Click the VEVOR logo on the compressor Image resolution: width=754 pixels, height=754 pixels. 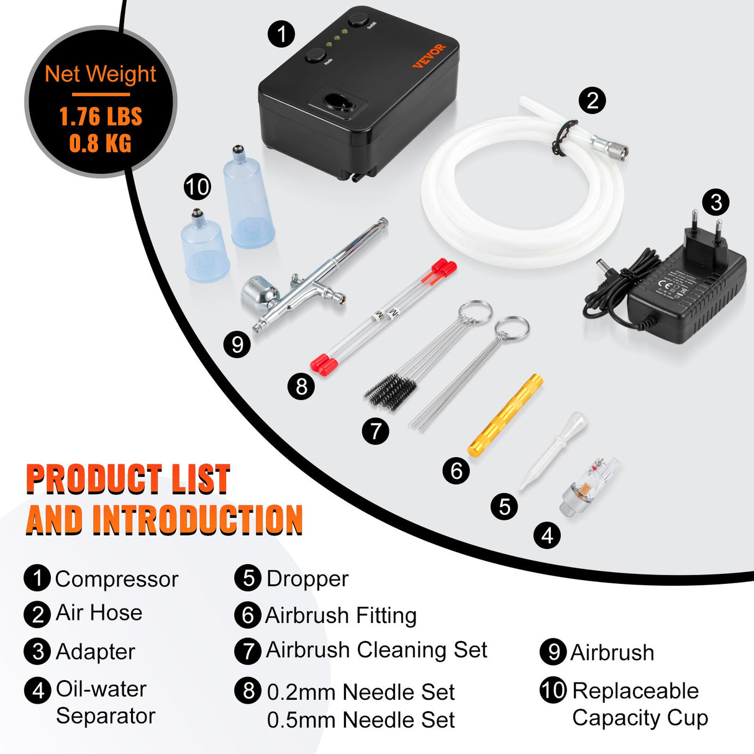pos(429,56)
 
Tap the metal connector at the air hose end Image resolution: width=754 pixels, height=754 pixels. pos(611,147)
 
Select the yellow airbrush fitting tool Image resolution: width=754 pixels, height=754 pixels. pos(505,416)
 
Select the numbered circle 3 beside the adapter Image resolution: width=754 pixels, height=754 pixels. pos(715,202)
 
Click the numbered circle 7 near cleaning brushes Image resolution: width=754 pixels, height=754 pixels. pos(376,430)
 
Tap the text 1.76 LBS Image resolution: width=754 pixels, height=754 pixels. pos(101,117)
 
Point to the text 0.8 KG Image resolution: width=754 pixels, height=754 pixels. pos(101,143)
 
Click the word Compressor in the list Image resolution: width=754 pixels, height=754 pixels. pos(116,579)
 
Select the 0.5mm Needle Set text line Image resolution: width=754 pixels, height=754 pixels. pos(360,720)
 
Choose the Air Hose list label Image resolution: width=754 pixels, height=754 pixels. pos(99,613)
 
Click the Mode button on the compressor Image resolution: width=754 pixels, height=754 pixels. pos(316,55)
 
